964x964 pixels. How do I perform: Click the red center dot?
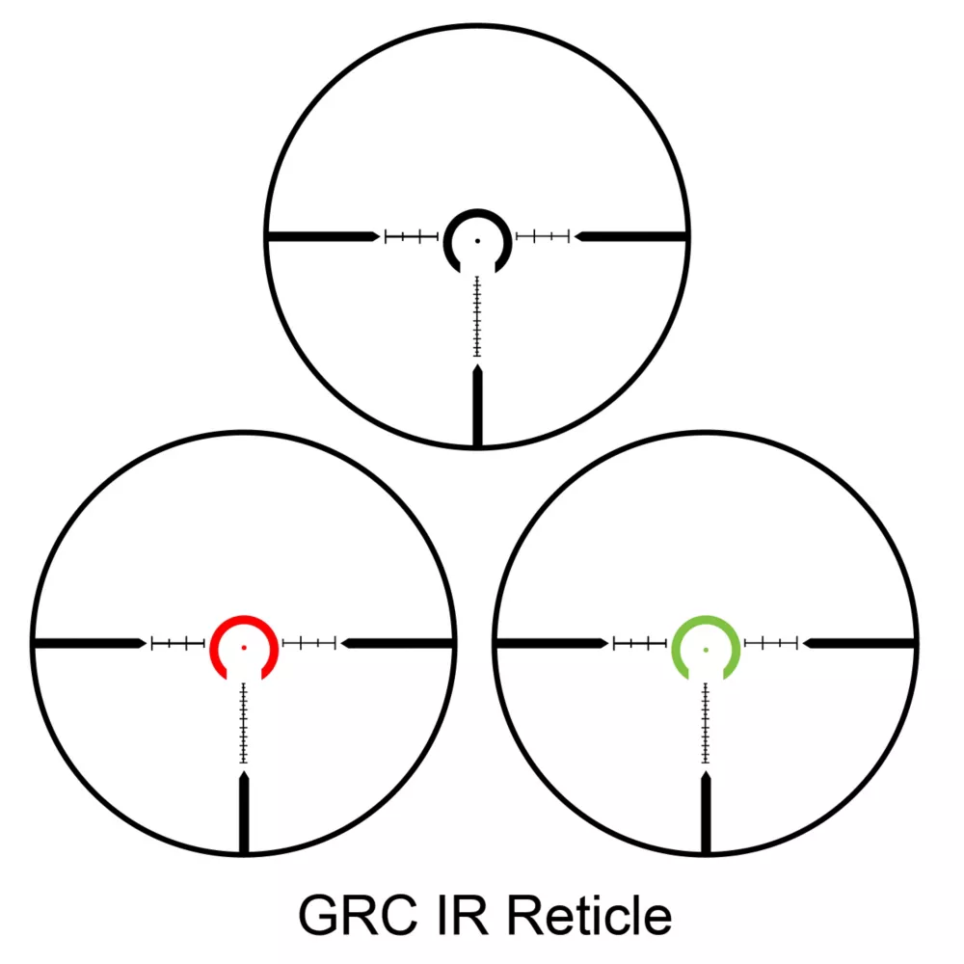coord(244,648)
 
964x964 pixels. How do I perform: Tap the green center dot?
coord(706,649)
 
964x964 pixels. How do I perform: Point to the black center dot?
coord(478,241)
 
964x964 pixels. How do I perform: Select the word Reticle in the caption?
coord(589,916)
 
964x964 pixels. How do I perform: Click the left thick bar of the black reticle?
coord(324,237)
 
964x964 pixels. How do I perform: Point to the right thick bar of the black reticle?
coord(630,237)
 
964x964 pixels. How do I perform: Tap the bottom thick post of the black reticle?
coord(478,405)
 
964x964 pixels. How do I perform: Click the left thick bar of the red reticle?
coord(91,643)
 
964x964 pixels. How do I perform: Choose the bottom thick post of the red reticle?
coord(244,812)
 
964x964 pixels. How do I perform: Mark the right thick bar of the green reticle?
coord(860,643)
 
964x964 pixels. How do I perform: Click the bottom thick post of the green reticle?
coord(706,812)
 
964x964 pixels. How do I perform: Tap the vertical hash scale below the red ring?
coord(244,723)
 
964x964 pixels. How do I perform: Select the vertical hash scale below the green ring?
coord(706,723)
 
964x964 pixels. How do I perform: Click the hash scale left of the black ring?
coord(412,237)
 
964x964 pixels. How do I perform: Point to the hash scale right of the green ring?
coord(771,643)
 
